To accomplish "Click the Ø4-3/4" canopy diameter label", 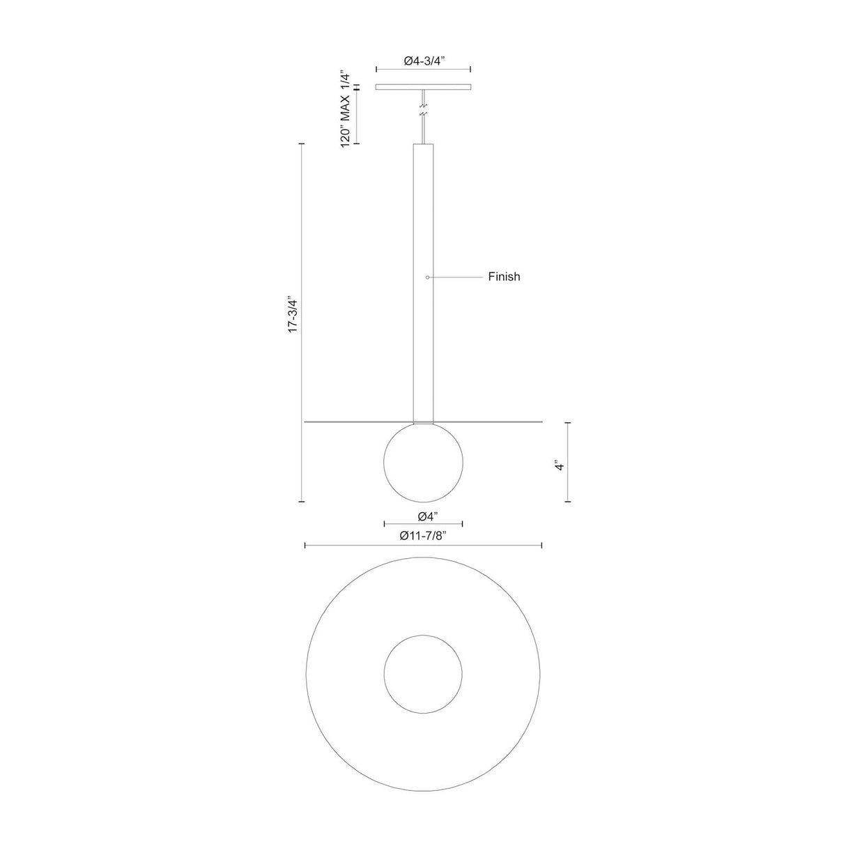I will pos(424,61).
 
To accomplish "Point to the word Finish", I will pos(504,277).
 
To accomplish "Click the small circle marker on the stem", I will pos(427,277).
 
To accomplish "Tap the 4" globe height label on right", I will pos(559,466).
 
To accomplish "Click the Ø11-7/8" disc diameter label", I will pos(423,536).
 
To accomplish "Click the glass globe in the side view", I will pos(423,463).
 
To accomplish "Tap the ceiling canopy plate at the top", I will pos(423,87).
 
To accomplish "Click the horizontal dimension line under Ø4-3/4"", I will pos(423,70).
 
